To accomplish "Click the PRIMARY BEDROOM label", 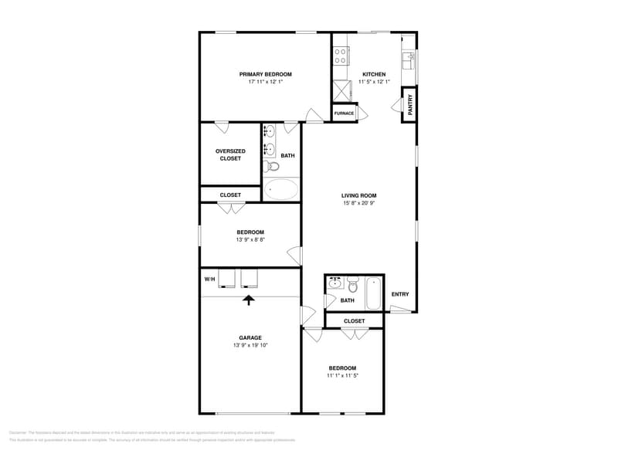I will pos(265,74).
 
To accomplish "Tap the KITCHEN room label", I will pos(374,74).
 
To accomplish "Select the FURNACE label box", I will pos(344,113).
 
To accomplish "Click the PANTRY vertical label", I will pos(410,103).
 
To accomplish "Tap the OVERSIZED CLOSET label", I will pos(230,154).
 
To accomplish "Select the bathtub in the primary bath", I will pos(281,189).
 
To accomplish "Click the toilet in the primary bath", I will pos(273,166).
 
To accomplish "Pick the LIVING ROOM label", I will pos(359,195).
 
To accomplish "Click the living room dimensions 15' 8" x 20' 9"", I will pos(359,203).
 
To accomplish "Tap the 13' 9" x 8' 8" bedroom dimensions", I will pos(250,239).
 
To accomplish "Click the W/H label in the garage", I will pos(209,279).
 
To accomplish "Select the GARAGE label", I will pos(250,337).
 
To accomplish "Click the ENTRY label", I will pos(400,294).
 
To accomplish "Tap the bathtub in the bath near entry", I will pos(373,293).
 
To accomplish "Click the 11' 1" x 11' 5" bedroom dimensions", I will pos(342,375).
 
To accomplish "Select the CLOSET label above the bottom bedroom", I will pos(354,320).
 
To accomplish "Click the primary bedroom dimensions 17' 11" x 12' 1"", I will pos(265,82).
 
